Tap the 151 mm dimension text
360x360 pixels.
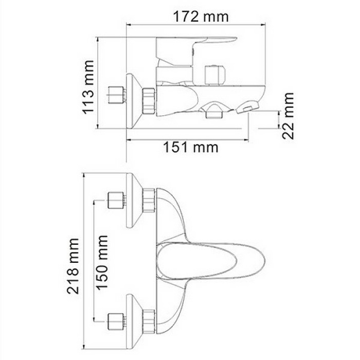pos(191,148)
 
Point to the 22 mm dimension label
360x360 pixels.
pos(289,115)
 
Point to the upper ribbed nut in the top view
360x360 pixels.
pos(149,200)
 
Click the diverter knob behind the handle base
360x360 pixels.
pos(214,75)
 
